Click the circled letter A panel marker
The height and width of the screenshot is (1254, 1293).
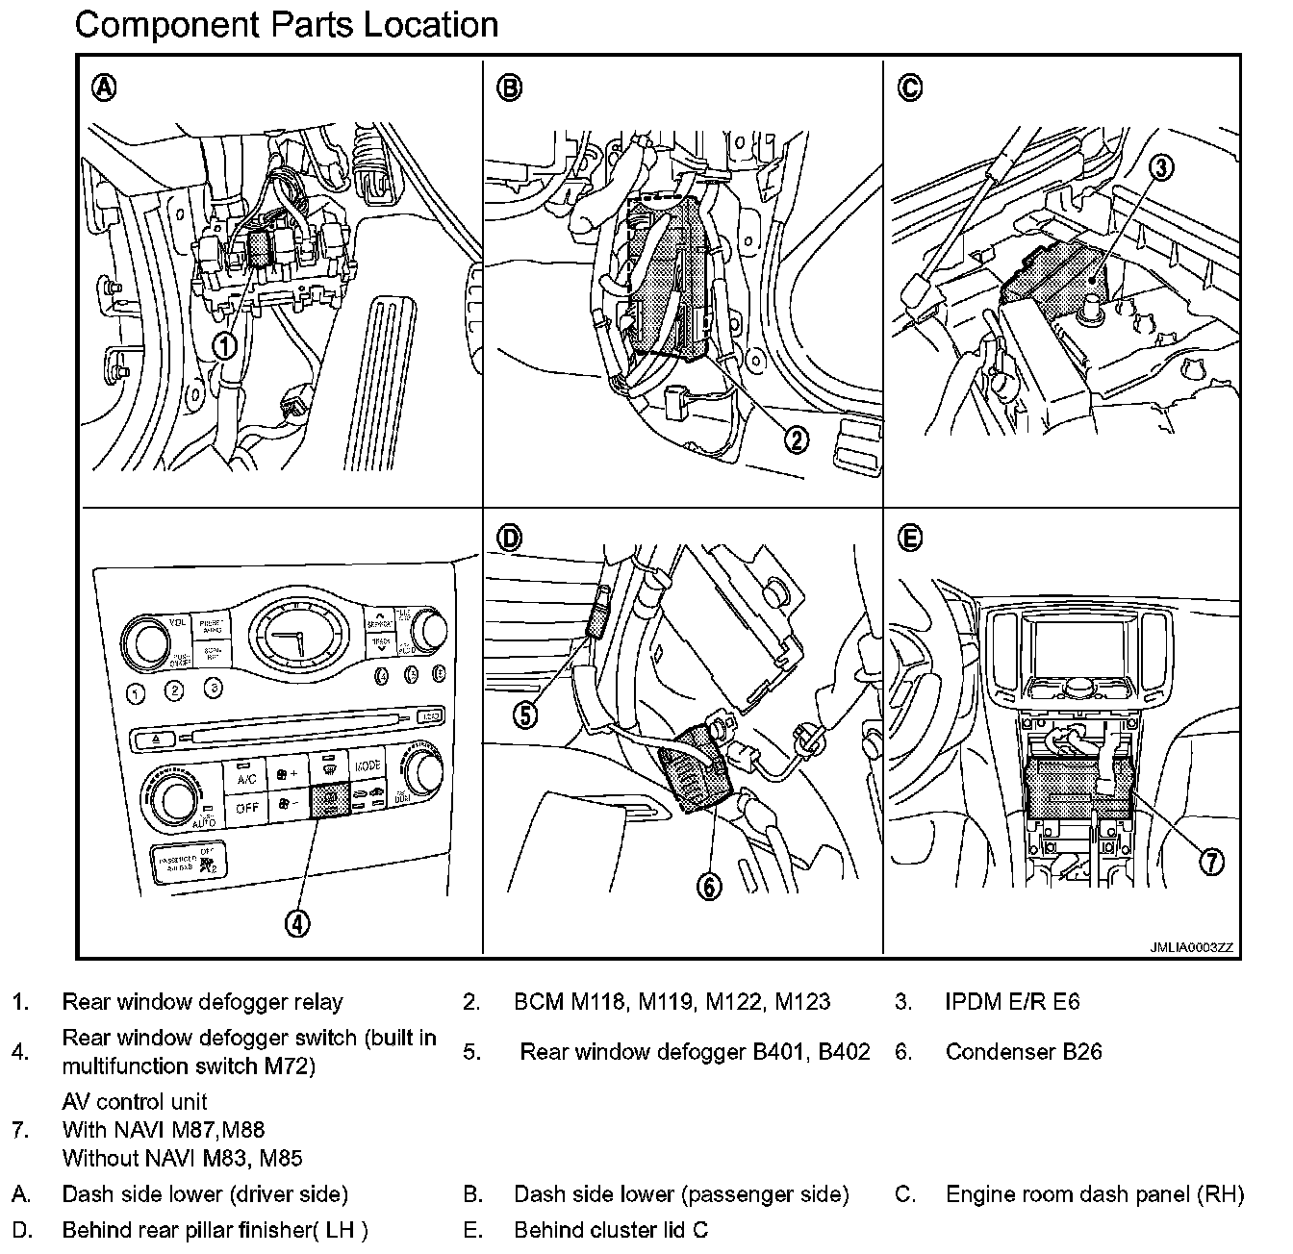tap(104, 88)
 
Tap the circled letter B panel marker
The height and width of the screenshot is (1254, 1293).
tap(509, 88)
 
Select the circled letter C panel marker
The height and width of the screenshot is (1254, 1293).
tap(909, 88)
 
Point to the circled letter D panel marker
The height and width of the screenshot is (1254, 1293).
tap(509, 539)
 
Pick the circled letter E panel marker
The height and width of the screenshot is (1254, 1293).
tap(909, 539)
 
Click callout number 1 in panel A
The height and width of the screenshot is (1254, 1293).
tap(224, 345)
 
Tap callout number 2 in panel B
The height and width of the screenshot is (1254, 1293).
tap(796, 439)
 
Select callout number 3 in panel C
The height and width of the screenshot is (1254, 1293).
tap(1161, 167)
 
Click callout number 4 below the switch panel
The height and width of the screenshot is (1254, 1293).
tap(297, 923)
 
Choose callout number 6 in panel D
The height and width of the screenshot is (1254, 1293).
tap(709, 886)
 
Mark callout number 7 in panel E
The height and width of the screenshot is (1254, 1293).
tap(1211, 861)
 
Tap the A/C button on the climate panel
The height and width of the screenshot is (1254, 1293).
tap(246, 777)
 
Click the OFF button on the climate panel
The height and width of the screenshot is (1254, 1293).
tap(246, 808)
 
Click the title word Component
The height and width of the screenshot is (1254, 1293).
tap(162, 25)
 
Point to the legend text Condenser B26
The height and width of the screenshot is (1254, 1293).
tap(1024, 1051)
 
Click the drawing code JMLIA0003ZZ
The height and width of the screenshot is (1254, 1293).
tap(1191, 947)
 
